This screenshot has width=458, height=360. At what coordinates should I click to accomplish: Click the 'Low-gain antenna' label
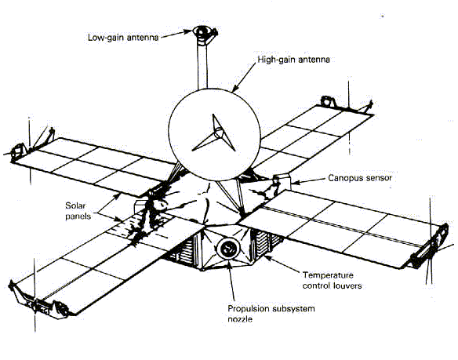tap(123, 38)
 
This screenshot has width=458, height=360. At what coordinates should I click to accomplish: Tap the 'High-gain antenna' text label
tap(293, 60)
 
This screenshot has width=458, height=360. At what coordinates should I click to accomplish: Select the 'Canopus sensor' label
tap(359, 178)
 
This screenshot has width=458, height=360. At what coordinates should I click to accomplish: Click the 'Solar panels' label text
tap(78, 211)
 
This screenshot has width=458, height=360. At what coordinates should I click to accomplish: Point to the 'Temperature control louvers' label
tap(332, 280)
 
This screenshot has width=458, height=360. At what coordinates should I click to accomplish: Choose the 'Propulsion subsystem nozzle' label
tap(271, 314)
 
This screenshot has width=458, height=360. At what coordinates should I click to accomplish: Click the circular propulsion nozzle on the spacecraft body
tap(228, 249)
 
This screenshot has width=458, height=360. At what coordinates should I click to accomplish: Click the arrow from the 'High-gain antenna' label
tap(244, 78)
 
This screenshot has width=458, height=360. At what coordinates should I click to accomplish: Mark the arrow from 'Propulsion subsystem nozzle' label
tap(231, 281)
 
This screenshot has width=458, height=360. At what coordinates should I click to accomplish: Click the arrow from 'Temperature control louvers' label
tap(282, 264)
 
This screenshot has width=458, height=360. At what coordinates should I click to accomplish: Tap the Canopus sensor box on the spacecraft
tap(282, 182)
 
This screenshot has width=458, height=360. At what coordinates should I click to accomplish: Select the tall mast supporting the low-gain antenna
tap(202, 66)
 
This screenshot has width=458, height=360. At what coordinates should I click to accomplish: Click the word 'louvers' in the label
tap(347, 285)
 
